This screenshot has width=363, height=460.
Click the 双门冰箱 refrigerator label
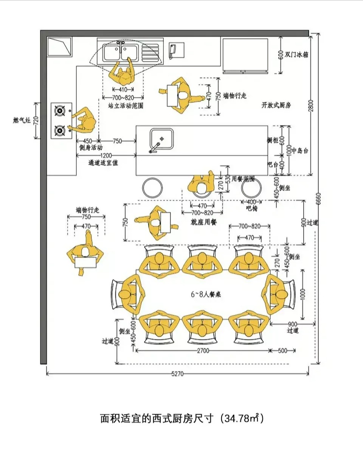click(297, 54)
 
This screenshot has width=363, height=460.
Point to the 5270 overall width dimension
click(177, 374)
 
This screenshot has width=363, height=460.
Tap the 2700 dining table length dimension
click(203, 351)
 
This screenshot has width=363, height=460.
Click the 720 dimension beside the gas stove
click(36, 120)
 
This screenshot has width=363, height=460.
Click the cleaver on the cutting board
click(173, 51)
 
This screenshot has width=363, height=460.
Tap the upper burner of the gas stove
click(59, 111)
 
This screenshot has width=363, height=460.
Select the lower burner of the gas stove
click(59, 131)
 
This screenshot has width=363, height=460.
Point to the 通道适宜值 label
click(103, 163)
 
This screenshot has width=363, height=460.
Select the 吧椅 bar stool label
click(251, 208)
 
